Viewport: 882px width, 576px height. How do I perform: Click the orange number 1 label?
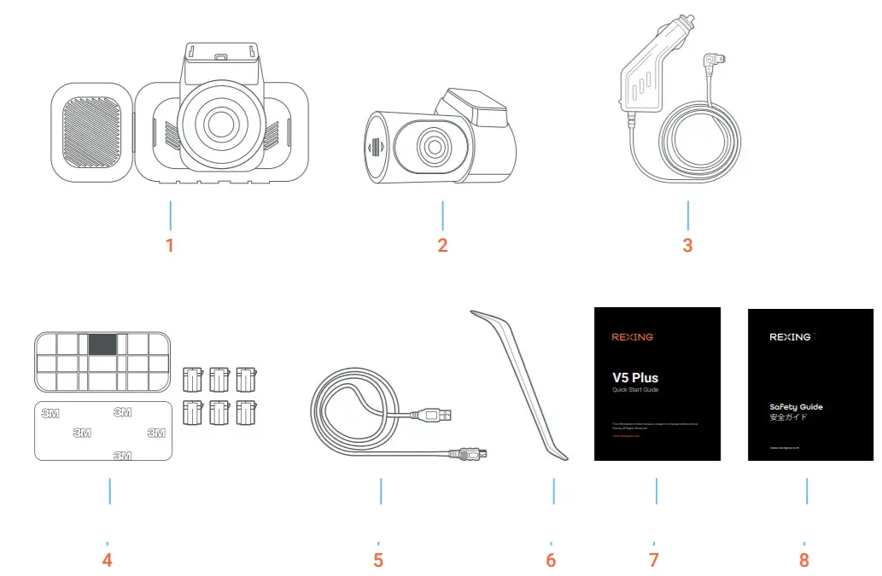170,246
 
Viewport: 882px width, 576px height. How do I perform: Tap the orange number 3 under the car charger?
687,246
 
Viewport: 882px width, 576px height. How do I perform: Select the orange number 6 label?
551,561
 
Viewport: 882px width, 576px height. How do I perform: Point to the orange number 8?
803,561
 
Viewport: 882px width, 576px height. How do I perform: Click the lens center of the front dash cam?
219,124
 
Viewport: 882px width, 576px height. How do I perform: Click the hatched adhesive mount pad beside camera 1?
92,135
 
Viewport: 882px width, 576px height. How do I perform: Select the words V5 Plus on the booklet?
634,377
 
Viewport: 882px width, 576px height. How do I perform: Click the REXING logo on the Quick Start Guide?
633,337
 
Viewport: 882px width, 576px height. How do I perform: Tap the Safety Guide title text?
796,407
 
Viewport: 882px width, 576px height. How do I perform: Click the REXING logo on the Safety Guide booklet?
790,337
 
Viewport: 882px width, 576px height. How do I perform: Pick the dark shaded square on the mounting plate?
102,344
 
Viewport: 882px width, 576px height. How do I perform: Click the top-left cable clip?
194,375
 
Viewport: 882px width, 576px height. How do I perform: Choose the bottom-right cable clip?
248,412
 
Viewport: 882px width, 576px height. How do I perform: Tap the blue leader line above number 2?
442,214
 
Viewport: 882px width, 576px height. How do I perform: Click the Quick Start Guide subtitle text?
635,390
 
